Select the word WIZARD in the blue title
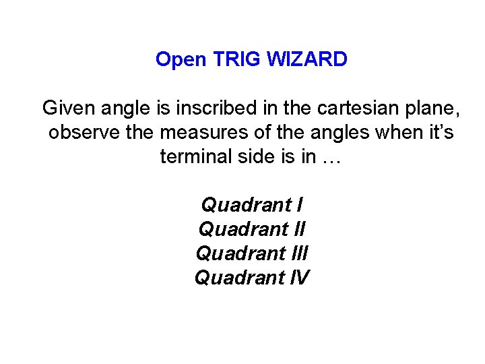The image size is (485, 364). pyautogui.click(x=307, y=60)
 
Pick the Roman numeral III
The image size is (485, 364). pyautogui.click(x=303, y=253)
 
